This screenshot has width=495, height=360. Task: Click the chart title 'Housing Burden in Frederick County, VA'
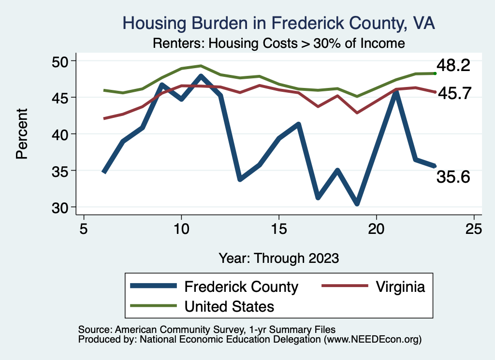point(279,23)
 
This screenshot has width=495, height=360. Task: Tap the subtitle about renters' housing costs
point(278,43)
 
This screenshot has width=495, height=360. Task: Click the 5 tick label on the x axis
point(84,228)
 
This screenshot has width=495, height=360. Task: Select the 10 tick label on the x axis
point(181,228)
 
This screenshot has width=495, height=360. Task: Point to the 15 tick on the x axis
point(279,228)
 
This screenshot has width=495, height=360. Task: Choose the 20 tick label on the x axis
point(377,228)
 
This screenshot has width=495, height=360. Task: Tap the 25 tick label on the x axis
point(474,228)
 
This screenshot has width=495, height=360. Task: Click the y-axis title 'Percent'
point(21,134)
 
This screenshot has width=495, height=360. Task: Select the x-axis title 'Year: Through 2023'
point(279,258)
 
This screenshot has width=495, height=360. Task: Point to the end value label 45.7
point(454,93)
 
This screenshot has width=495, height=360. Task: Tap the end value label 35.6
point(453,177)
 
